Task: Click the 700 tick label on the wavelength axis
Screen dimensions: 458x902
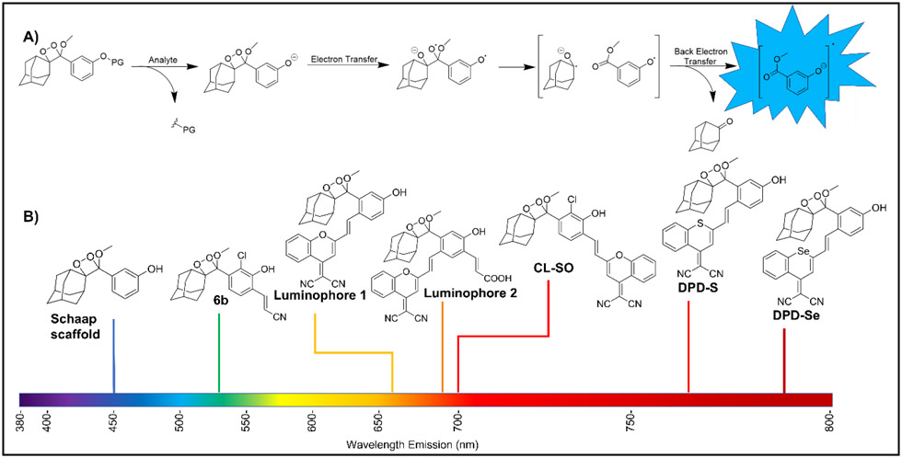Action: tap(458, 421)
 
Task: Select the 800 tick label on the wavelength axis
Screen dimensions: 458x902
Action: tap(829, 421)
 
